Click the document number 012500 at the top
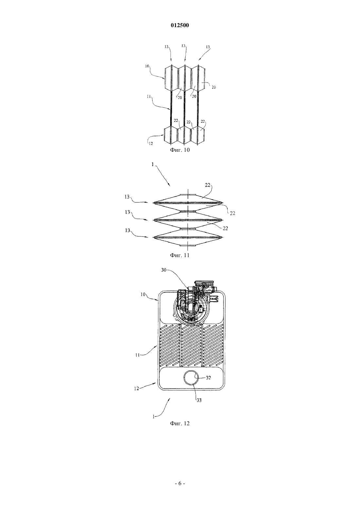(180, 26)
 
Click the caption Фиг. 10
(180, 150)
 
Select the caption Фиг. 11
(180, 255)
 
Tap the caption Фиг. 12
(180, 423)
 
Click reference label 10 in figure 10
(147, 66)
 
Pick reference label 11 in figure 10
(149, 97)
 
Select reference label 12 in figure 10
(151, 143)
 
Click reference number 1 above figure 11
(153, 165)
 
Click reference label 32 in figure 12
(208, 377)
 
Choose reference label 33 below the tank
(199, 400)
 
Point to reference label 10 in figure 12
(143, 294)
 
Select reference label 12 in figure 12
(136, 389)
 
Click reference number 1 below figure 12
(153, 417)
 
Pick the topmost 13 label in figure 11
(127, 197)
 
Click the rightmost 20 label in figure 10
(214, 87)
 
